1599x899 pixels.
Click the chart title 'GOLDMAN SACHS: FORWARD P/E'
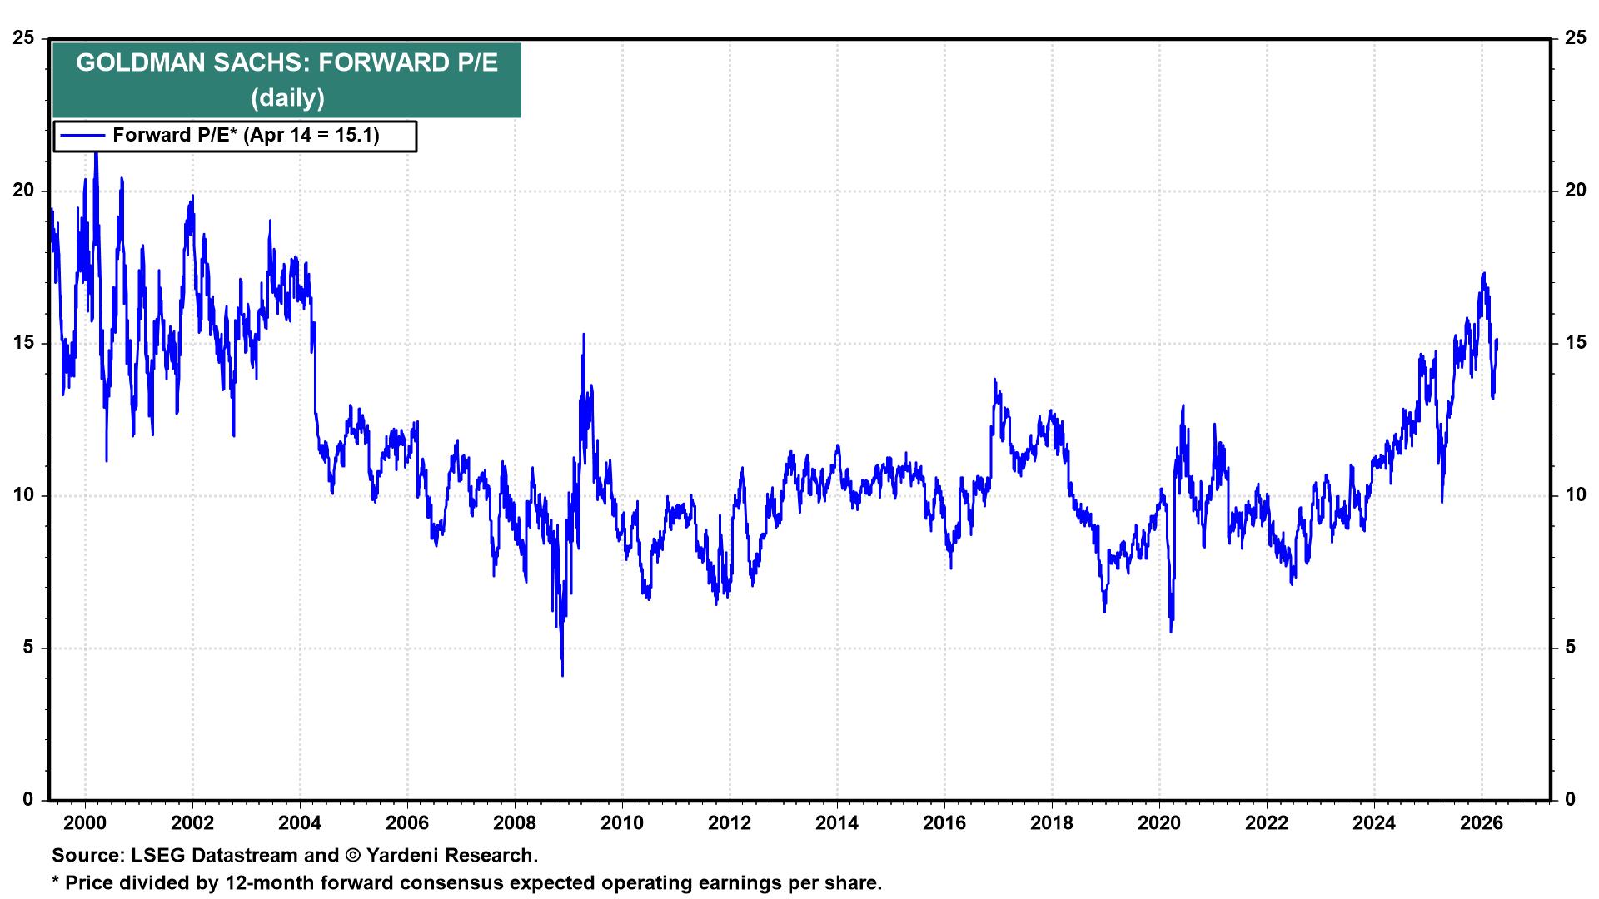286,63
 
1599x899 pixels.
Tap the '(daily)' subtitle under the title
287,98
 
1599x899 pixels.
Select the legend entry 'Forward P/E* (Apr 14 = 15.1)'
246,135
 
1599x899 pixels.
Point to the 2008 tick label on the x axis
515,823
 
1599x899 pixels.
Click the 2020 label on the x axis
1159,823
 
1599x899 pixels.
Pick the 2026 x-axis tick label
1482,823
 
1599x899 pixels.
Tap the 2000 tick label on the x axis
85,823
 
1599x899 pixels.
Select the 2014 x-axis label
837,823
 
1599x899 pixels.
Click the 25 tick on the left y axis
25,38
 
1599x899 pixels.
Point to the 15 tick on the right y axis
1575,343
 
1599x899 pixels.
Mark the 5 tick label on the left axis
30,648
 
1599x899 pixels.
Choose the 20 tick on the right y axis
1575,191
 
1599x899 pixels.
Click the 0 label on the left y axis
30,800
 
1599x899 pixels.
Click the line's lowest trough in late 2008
562,674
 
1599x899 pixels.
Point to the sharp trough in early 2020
1171,631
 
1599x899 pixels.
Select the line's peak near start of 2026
1484,274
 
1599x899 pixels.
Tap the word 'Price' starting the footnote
89,883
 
